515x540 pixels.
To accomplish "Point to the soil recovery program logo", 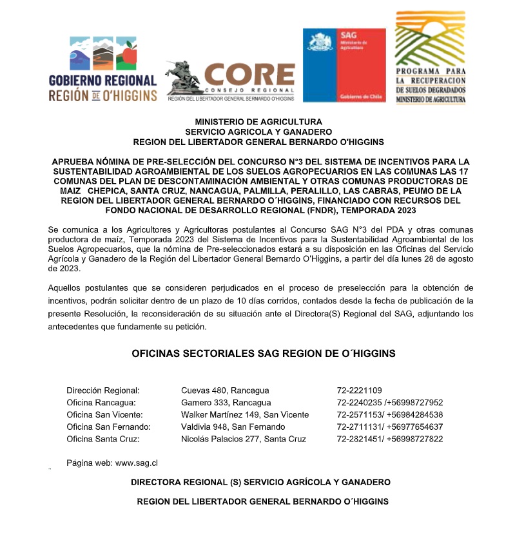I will click(430, 57).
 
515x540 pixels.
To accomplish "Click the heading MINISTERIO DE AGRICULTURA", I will click(258, 122).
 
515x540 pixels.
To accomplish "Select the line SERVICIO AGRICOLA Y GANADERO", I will click(258, 131).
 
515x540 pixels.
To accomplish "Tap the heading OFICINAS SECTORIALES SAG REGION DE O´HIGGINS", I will click(263, 354).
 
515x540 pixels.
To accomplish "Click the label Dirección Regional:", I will click(103, 391).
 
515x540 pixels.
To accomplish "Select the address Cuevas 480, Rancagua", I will click(225, 391).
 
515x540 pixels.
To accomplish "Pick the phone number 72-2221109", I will click(359, 391).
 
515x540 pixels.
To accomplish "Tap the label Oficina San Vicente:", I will click(104, 415).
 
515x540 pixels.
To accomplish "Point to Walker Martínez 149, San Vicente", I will click(245, 415).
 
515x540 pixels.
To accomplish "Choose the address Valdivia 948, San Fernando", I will click(233, 427).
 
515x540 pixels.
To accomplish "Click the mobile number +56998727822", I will click(415, 439).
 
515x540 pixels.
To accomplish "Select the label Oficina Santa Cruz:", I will click(103, 439).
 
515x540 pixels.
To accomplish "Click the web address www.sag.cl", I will click(137, 463).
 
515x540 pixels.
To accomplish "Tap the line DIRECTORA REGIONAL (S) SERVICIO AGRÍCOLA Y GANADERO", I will click(260, 482).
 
